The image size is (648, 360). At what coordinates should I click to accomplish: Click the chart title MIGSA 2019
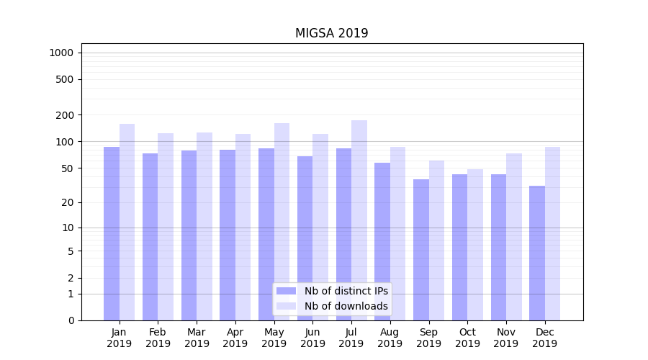point(331,33)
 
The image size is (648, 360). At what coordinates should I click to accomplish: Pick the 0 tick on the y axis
point(71,320)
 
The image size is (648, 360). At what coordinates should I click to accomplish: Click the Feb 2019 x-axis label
point(158,338)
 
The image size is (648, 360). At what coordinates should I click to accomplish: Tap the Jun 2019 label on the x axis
point(312,338)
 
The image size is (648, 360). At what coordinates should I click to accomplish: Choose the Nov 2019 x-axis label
point(506,338)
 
